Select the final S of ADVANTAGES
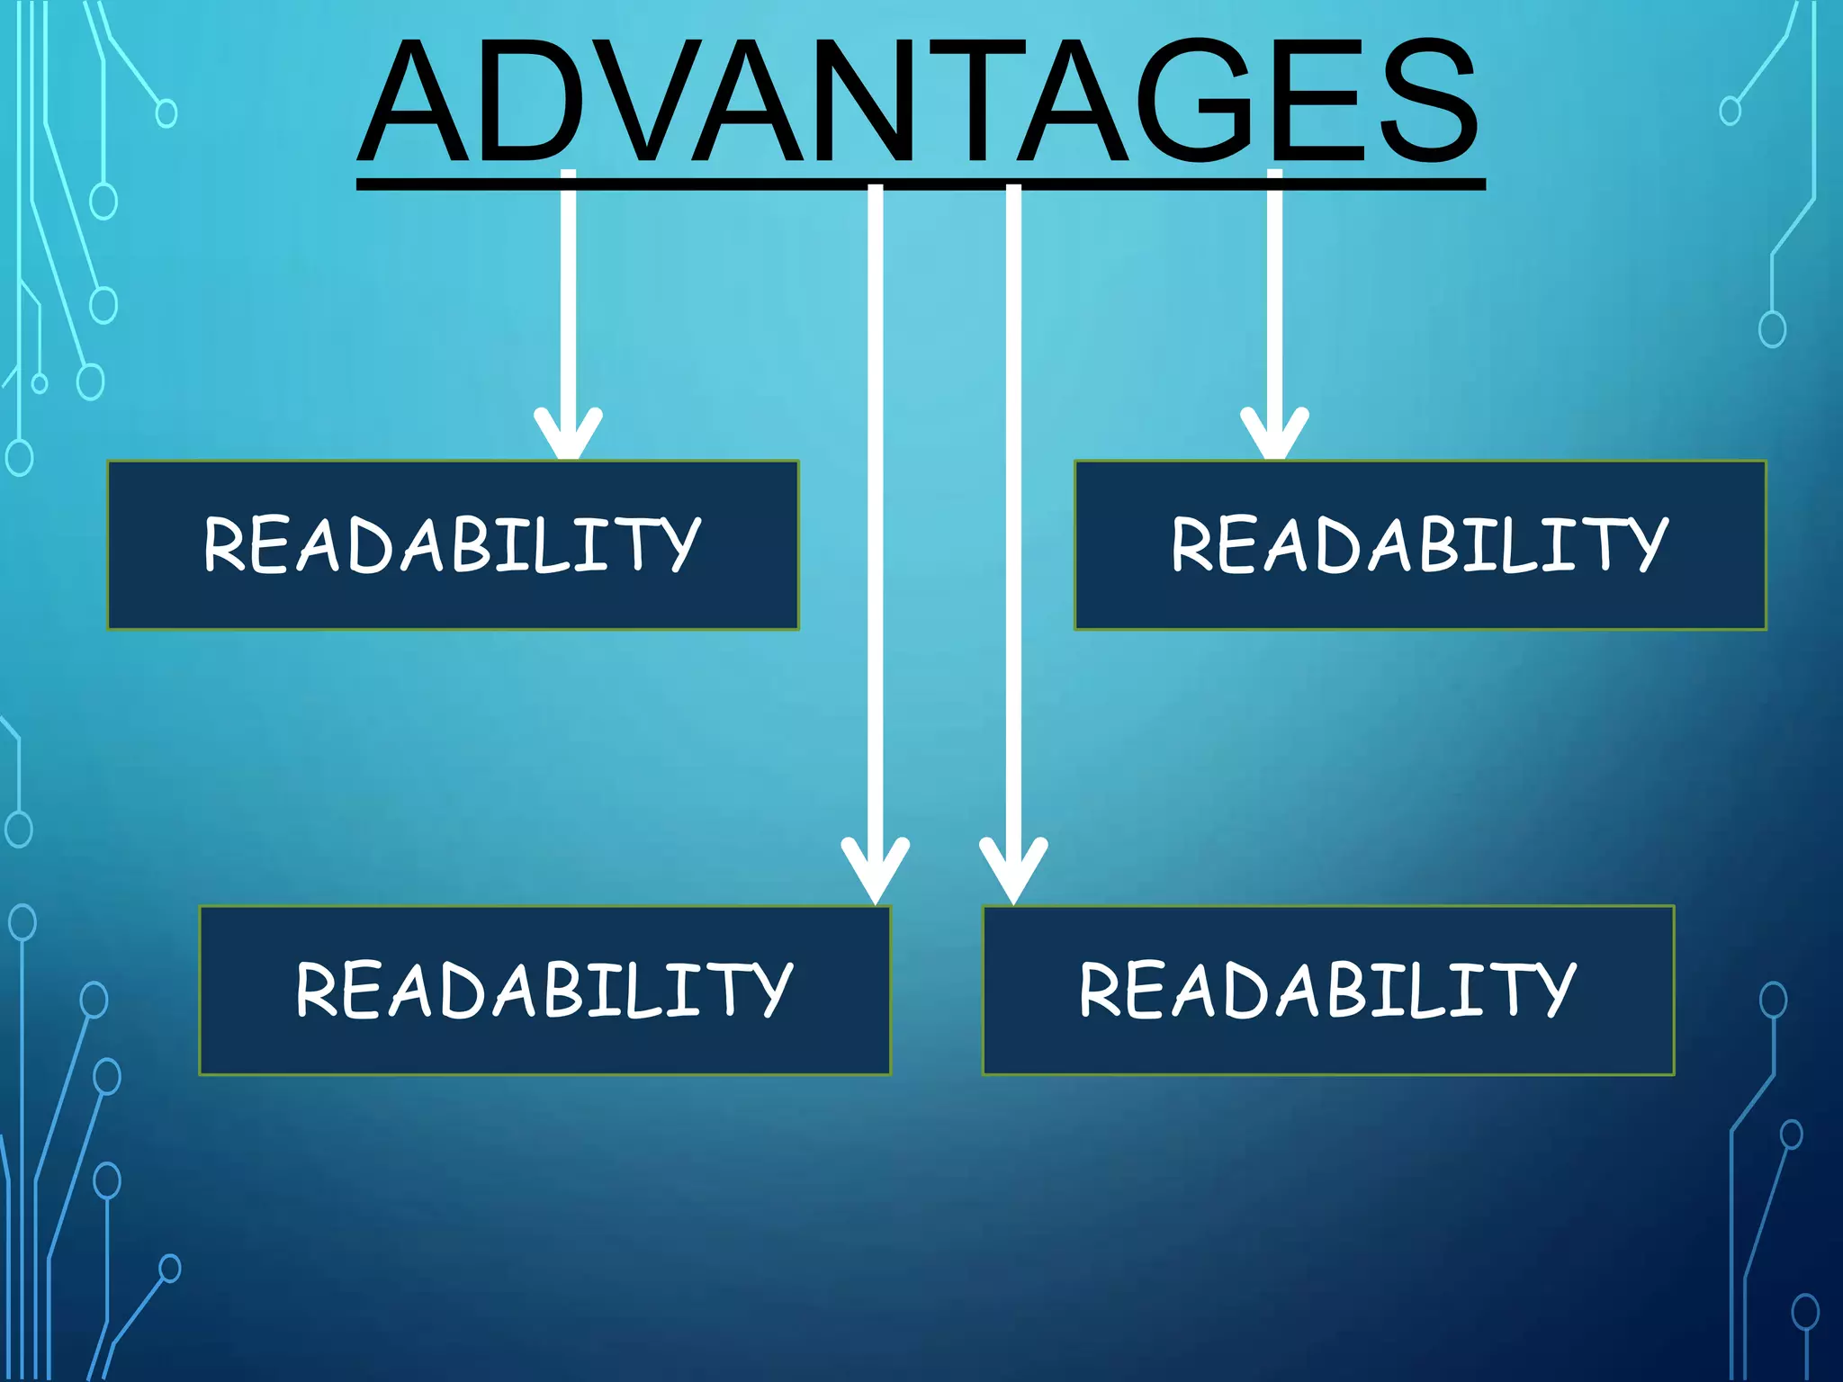[x=1431, y=101]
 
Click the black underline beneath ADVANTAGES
[x=921, y=184]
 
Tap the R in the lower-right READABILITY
[x=1099, y=990]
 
